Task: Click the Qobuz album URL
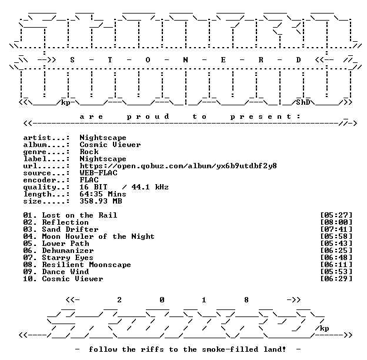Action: tap(178, 166)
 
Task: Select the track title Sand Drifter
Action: tap(70, 229)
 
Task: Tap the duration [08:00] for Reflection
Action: tap(336, 222)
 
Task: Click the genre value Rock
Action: tap(89, 152)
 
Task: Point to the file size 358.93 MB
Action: tap(101, 201)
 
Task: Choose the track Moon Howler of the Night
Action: tap(98, 236)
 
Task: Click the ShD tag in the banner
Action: tap(303, 102)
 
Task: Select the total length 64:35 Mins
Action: tap(103, 194)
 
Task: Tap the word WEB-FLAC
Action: tap(99, 173)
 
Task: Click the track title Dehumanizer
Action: tap(68, 251)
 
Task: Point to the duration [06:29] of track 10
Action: tap(336, 279)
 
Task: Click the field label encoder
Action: tap(39, 180)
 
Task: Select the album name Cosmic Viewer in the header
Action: tap(110, 145)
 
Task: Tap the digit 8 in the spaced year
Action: tap(246, 300)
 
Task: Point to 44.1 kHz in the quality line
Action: tap(150, 187)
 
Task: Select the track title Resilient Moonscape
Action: tap(86, 265)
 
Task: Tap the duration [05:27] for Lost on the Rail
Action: tap(336, 215)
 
